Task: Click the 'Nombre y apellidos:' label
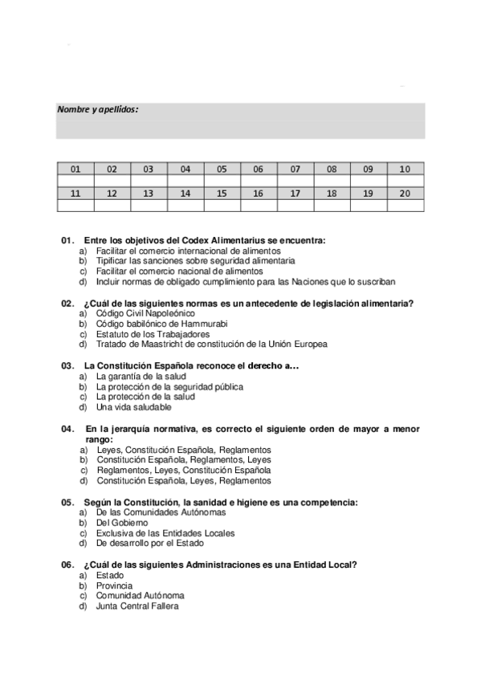tap(98, 109)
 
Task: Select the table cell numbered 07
tap(296, 169)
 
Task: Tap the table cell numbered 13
tap(149, 194)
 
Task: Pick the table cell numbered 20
tap(405, 194)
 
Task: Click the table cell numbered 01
tap(75, 169)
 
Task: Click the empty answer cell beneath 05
tap(222, 181)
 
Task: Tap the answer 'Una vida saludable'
tap(133, 407)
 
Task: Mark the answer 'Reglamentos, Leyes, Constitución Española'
tap(184, 471)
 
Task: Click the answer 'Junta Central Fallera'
tap(137, 606)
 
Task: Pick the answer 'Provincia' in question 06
tap(114, 585)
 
